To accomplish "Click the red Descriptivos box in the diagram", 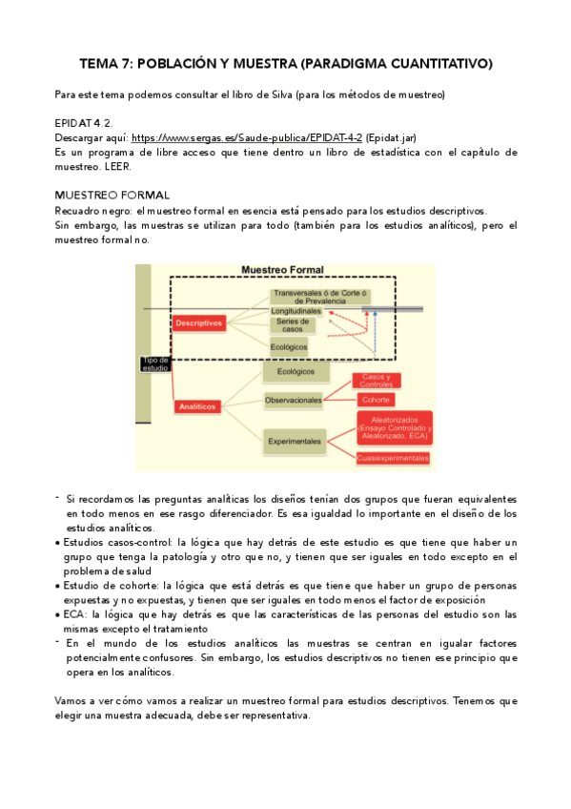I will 198,322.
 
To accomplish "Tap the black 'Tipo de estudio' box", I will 155,363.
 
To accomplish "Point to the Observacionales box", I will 294,400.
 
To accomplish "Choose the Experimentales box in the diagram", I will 294,441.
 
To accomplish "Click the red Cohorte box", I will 375,399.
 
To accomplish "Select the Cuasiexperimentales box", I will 393,458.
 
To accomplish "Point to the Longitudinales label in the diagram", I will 296,311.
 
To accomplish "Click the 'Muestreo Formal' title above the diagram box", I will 282,270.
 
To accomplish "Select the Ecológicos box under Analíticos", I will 296,371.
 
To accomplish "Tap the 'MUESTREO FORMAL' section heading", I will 112,196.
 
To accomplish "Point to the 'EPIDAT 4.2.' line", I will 84,124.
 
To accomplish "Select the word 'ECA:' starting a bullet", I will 77,615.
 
